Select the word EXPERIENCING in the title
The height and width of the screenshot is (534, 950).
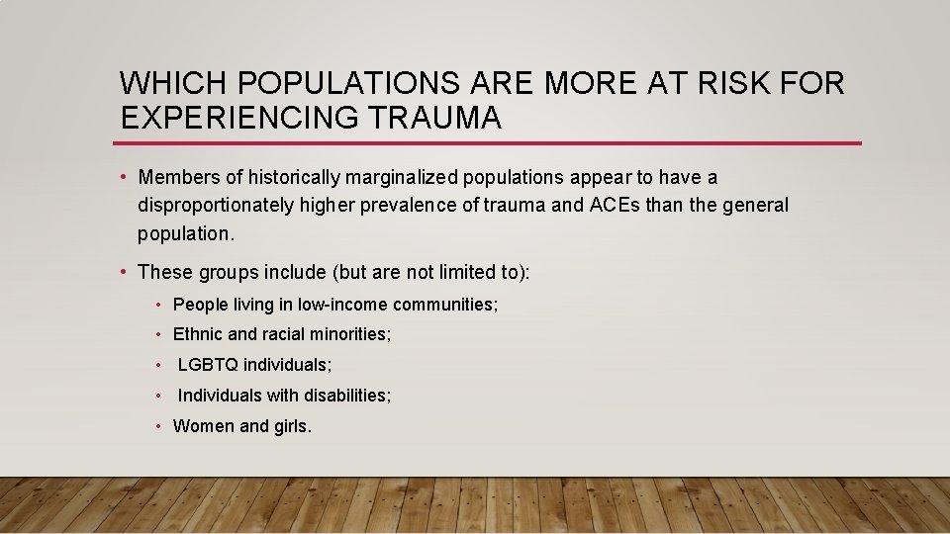(x=240, y=118)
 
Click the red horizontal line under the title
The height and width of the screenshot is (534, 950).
(x=490, y=143)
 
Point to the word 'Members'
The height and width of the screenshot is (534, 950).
(x=175, y=178)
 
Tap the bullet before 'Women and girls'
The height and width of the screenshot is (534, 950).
(x=158, y=426)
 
